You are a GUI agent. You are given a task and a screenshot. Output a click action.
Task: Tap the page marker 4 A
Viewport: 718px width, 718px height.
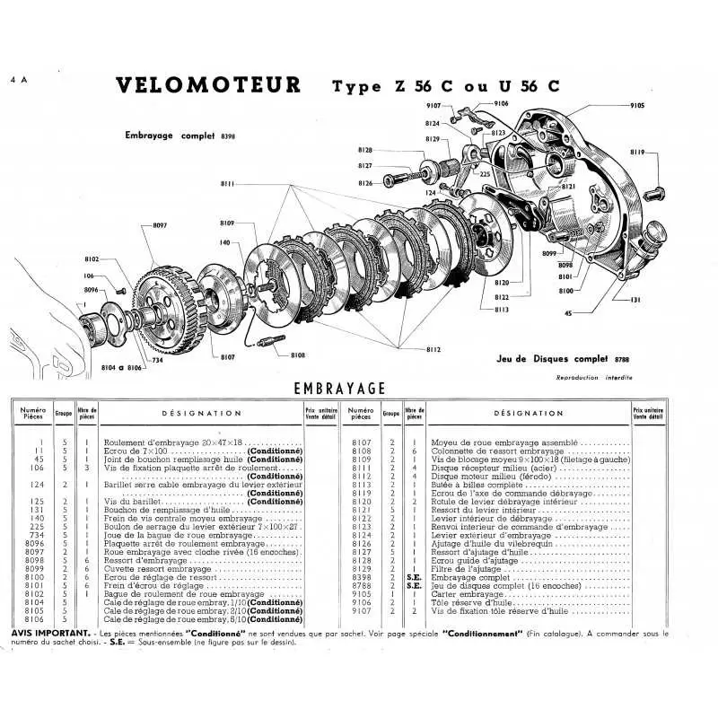click(19, 80)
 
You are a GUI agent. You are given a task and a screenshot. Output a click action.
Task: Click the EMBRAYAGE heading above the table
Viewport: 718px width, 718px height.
click(339, 388)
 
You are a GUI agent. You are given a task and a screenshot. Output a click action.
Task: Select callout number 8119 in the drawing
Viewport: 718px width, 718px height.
click(662, 153)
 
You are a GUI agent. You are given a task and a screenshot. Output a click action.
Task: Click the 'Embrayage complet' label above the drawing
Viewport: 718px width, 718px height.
click(171, 136)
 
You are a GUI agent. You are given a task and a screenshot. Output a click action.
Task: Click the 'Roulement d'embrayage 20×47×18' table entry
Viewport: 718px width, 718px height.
click(176, 442)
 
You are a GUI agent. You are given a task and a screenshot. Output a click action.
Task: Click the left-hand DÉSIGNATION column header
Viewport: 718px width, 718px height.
click(201, 414)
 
